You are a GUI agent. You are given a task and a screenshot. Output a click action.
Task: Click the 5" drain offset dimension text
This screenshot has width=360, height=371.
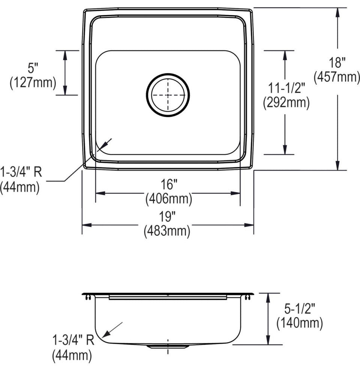click(33, 69)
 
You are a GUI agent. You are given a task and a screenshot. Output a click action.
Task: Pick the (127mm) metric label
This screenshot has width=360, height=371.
click(33, 82)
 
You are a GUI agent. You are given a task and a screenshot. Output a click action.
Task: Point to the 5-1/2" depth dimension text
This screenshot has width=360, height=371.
click(299, 309)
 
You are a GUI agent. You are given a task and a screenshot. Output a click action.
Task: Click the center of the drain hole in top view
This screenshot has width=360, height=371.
click(168, 94)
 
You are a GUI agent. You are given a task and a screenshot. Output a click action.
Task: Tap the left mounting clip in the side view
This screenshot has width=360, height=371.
click(88, 297)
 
